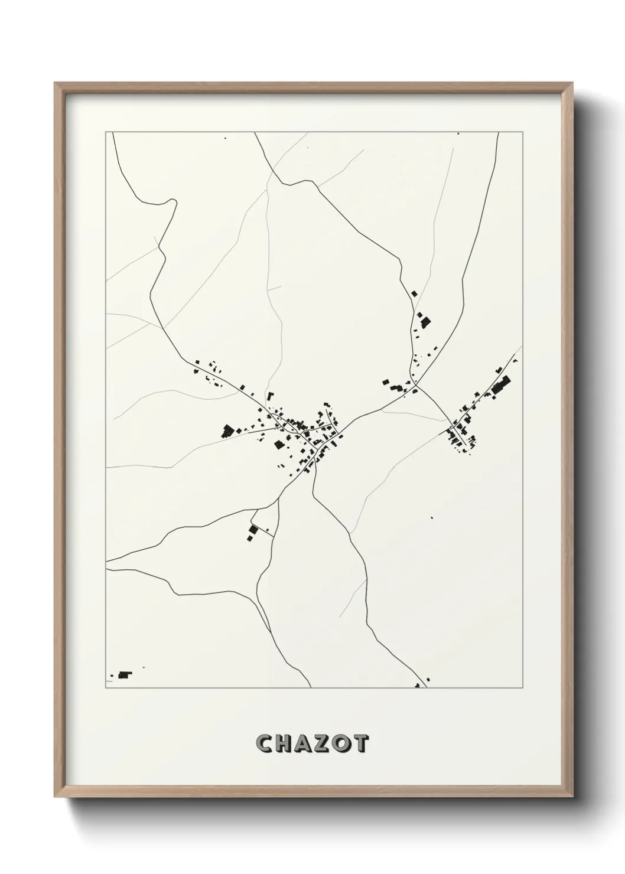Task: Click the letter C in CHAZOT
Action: coord(264,743)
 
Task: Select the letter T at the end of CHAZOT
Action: coord(360,743)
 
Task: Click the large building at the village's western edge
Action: coord(227,431)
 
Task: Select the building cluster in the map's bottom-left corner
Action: coord(124,674)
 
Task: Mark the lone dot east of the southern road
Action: coord(432,518)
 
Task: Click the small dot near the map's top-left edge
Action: coord(225,139)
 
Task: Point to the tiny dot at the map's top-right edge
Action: coord(458,134)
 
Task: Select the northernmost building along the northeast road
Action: coord(414,293)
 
